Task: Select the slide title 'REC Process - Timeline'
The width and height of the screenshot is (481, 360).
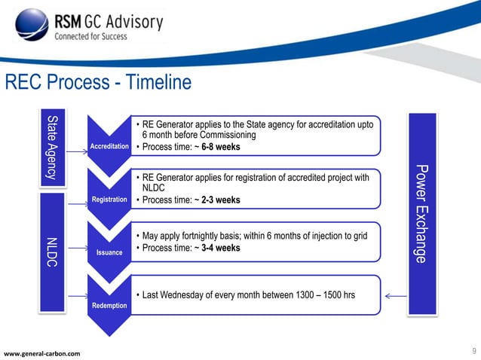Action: [x=99, y=82]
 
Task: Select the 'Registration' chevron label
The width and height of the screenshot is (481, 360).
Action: [x=109, y=200]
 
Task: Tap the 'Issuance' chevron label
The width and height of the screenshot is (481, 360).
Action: [x=109, y=253]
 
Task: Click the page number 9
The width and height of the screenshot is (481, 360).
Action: [x=473, y=350]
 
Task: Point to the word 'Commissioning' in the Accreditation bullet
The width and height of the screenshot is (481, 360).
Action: [x=224, y=135]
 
